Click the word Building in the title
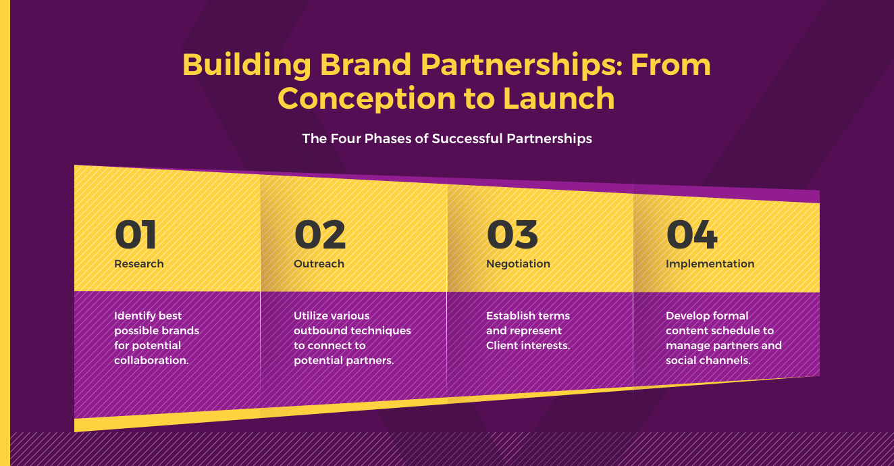[x=246, y=65]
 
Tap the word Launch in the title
[x=559, y=98]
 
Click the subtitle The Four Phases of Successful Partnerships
[x=447, y=138]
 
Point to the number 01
[x=135, y=234]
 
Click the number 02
[x=319, y=234]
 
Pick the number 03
[x=512, y=234]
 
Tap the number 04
[x=691, y=234]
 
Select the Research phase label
[x=139, y=263]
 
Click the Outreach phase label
[x=319, y=263]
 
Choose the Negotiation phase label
[x=518, y=264]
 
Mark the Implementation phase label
[x=710, y=264]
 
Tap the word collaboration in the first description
[x=151, y=360]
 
